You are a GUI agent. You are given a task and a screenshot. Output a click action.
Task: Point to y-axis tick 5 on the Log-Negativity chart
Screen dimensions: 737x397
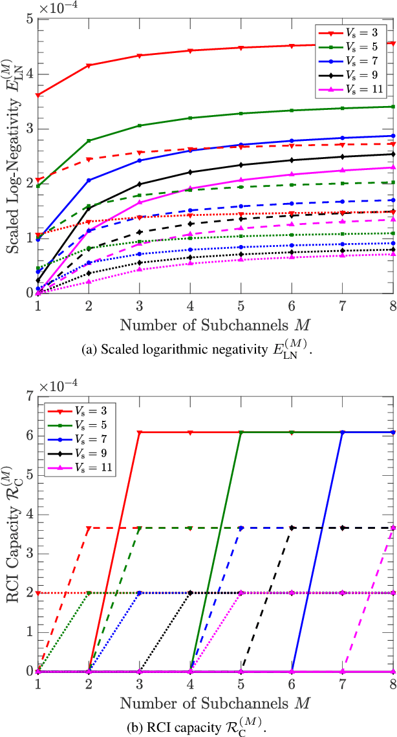click(x=29, y=19)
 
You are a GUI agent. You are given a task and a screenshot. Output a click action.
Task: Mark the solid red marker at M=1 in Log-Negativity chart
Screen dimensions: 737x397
click(x=38, y=95)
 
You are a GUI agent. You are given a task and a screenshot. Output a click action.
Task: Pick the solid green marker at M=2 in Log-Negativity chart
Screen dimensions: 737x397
click(x=89, y=140)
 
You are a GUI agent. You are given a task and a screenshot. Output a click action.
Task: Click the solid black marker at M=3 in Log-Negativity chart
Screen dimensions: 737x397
click(x=140, y=184)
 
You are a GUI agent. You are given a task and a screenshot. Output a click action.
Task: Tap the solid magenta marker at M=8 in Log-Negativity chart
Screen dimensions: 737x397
click(x=393, y=167)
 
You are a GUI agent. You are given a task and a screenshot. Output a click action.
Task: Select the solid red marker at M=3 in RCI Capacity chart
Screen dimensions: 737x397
click(x=140, y=432)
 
